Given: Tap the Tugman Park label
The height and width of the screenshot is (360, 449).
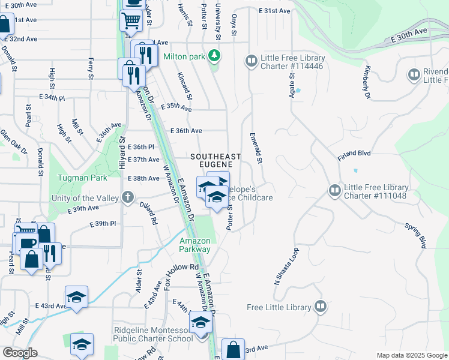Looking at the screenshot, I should coord(82,178).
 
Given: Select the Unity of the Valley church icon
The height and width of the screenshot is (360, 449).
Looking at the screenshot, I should coord(127,197).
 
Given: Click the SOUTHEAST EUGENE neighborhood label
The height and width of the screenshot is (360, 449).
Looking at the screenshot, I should coord(215,161).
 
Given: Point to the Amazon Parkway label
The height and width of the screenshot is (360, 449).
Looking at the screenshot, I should coord(195,245).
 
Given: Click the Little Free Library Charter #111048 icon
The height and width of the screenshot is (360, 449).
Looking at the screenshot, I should coord(334,190).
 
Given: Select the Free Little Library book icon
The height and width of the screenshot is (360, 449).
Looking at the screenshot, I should coord(321,307).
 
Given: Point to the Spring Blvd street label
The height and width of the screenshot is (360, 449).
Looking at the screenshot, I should coord(415,236).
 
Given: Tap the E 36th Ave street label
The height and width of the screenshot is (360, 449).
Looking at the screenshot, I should coord(186,130).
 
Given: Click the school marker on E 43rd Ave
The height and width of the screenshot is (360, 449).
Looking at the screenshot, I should coord(77,297).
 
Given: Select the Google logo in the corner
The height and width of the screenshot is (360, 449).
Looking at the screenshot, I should coord(20,353).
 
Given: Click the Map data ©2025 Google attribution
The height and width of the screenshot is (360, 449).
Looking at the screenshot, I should coord(411,355).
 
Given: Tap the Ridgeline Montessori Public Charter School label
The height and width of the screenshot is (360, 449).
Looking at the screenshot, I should coord(154,334).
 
